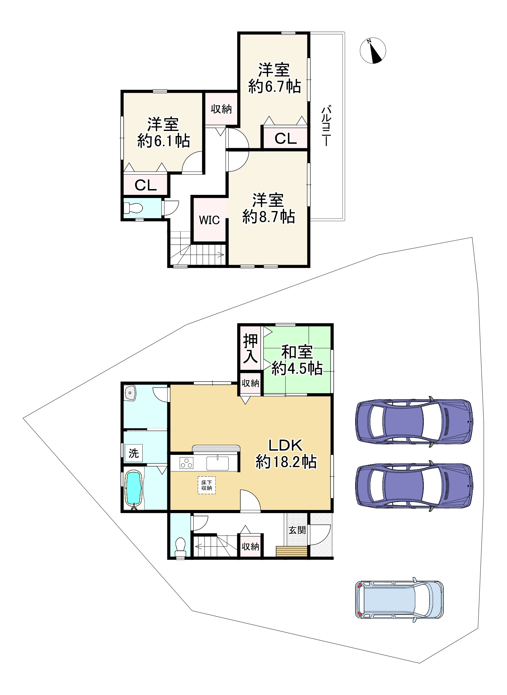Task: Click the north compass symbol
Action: (373, 51)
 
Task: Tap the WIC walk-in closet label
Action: (209, 220)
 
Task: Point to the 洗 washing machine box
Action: (133, 453)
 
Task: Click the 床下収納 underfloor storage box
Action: (207, 485)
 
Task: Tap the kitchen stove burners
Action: (186, 463)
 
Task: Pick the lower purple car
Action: (414, 486)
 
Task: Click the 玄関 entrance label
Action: (297, 530)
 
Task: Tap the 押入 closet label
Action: (250, 348)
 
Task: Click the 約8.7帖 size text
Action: (269, 217)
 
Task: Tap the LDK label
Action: (286, 445)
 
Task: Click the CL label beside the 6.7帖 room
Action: (285, 139)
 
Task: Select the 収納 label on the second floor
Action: (221, 109)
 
